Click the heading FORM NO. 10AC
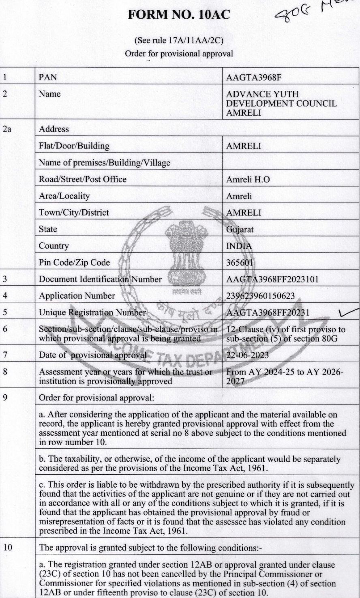pos(179,15)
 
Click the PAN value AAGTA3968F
pos(253,77)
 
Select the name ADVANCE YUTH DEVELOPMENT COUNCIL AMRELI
pos(281,103)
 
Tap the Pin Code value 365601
pos(239,262)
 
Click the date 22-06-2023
pos(247,355)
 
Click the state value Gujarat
pos(240,229)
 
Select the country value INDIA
pos(239,246)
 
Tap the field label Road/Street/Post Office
pos(83,179)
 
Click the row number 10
pos(8,548)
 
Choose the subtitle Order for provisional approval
pos(179,54)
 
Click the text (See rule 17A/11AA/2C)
pos(179,41)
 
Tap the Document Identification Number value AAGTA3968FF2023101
pos(272,279)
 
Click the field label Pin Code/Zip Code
pos(74,262)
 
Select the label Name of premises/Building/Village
pos(104,163)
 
